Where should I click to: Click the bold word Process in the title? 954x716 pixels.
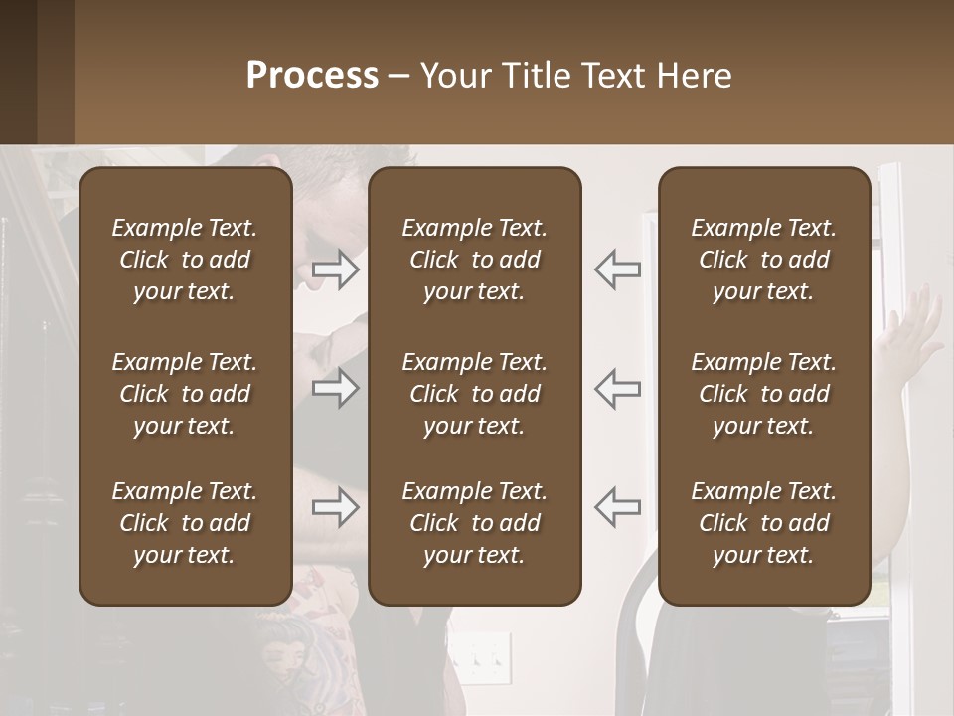click(x=312, y=76)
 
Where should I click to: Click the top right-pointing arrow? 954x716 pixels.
click(x=336, y=269)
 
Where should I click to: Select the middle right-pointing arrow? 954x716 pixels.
click(x=336, y=389)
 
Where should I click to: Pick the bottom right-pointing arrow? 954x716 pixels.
click(x=336, y=508)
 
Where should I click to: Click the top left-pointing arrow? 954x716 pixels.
click(x=617, y=269)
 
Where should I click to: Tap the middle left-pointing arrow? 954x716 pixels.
click(x=617, y=389)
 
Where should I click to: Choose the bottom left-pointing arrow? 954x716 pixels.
click(x=617, y=508)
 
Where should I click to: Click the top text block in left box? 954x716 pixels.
click(x=185, y=260)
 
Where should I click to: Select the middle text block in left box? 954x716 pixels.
click(x=185, y=394)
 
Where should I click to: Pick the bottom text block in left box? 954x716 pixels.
click(x=185, y=523)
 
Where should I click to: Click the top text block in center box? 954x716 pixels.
click(x=474, y=260)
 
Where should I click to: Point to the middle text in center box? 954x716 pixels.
click(x=474, y=394)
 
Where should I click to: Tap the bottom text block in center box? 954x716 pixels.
click(x=474, y=523)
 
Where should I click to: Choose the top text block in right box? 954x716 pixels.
click(x=763, y=260)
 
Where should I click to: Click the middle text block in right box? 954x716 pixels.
click(x=763, y=394)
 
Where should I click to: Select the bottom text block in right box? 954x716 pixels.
click(x=763, y=523)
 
